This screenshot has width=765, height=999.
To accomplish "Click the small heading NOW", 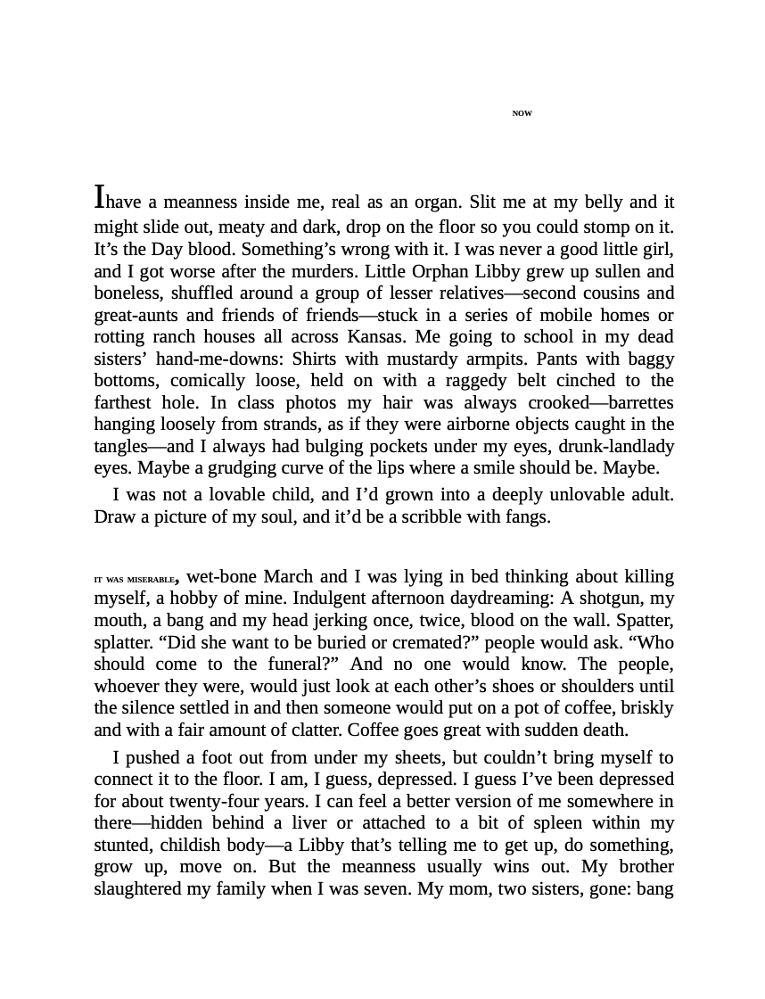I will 522,113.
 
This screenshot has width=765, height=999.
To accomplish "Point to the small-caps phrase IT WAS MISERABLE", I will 136,580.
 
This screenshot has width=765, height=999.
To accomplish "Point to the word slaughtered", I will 140,889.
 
